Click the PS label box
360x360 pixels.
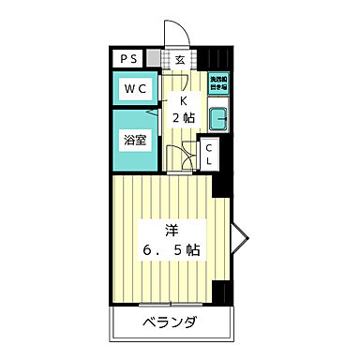(x=128, y=59)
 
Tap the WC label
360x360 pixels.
(x=133, y=90)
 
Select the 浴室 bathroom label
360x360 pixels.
(x=133, y=140)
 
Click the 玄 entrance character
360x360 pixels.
(x=177, y=60)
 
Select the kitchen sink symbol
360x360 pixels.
(x=218, y=121)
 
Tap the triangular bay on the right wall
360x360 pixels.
(x=238, y=239)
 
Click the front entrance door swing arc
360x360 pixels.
(x=182, y=35)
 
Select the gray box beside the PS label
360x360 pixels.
(x=154, y=59)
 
